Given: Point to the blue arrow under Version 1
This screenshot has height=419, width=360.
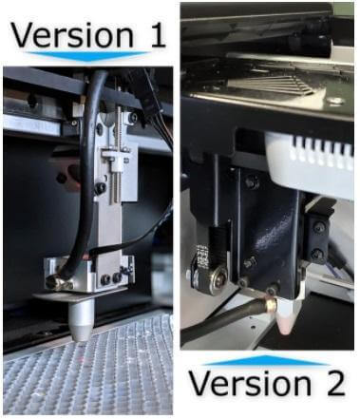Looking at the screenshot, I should click(x=87, y=58).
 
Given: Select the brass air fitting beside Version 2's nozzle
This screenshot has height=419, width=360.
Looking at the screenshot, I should click(x=270, y=306).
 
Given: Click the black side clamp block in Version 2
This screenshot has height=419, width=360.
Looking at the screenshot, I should click(x=316, y=238).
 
